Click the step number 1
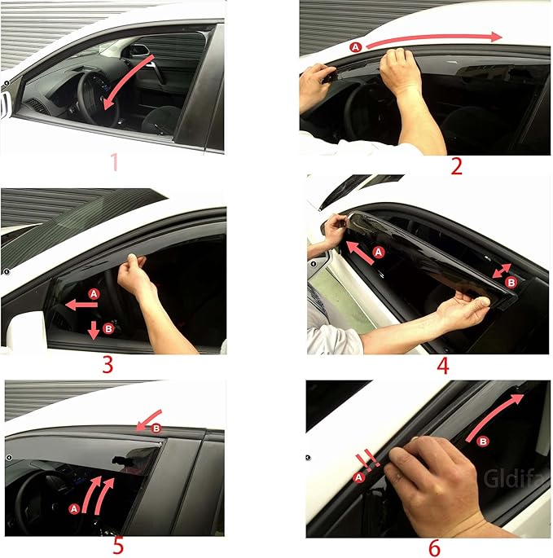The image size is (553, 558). (x=114, y=162)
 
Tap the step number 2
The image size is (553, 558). (x=456, y=166)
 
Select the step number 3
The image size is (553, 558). (x=108, y=362)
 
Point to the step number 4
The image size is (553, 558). (x=443, y=364)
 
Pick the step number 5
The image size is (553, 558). (x=118, y=544)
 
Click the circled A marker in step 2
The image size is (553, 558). (x=355, y=48)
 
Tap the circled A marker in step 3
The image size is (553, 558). (x=93, y=293)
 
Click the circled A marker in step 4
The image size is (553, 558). (x=377, y=253)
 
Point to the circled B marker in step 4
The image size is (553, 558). (x=511, y=282)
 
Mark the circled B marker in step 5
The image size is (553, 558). (x=157, y=428)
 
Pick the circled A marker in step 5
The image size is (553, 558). (x=75, y=508)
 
